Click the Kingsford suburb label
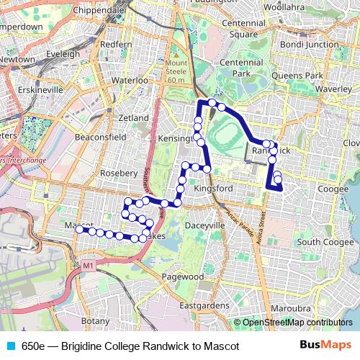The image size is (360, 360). click(x=213, y=189)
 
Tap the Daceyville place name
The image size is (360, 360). click(x=206, y=225)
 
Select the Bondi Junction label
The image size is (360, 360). click(x=309, y=45)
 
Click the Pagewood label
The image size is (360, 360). click(x=182, y=276)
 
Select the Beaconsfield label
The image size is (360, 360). click(x=101, y=137)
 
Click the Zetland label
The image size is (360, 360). click(x=133, y=117)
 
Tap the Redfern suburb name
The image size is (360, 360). click(x=117, y=44)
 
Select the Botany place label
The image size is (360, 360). click(x=96, y=320)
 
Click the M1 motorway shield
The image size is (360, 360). click(x=89, y=266)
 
